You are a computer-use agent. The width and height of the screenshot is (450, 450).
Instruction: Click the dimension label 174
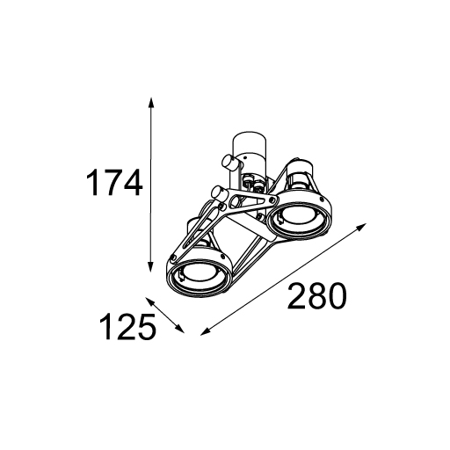(x=114, y=183)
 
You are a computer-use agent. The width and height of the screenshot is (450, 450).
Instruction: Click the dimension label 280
(x=316, y=295)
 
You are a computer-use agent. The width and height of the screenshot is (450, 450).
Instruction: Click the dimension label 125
(x=127, y=326)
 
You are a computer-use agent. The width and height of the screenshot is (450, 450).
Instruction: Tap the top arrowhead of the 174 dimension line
(x=150, y=103)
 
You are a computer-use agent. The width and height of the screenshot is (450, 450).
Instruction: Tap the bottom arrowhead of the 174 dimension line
(x=150, y=266)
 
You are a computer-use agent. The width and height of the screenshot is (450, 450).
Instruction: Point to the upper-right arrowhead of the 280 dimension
(x=362, y=227)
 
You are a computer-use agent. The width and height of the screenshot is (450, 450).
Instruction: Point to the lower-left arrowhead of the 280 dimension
(x=205, y=331)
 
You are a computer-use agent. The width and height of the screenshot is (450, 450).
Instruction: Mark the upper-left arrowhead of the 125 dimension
(x=149, y=301)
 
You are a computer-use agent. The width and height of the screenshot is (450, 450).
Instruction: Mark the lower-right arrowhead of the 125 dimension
(x=180, y=330)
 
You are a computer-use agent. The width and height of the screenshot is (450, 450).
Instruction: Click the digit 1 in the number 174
(x=95, y=183)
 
